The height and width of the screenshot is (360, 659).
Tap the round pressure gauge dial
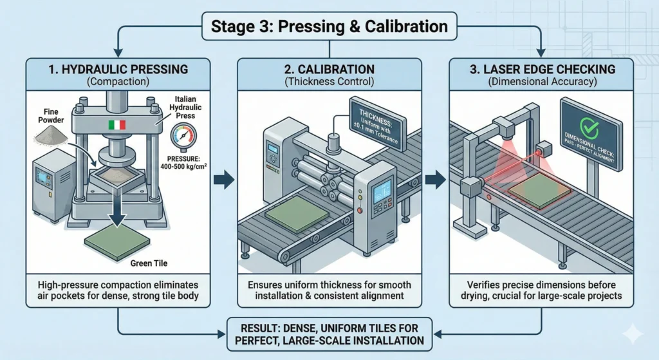pos(183,138)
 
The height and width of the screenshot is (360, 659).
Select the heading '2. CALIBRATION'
pos(329,69)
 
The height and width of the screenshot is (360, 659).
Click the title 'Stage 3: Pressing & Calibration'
pos(329,26)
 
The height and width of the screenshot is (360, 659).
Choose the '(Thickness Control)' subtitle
pos(329,82)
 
